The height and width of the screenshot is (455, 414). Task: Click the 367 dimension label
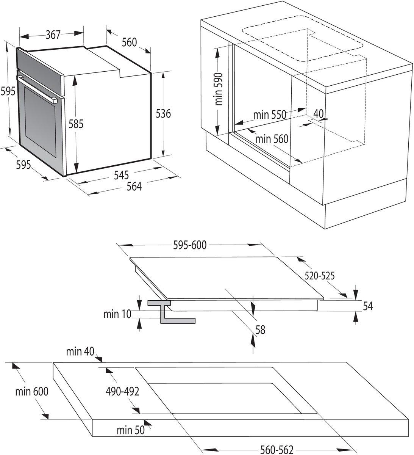pos(53,35)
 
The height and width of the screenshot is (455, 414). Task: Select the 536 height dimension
pos(163,113)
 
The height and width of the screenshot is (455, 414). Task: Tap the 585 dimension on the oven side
pos(76,124)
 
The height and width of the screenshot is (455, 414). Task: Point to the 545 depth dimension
pos(121,175)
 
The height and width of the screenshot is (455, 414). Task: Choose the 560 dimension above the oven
pos(129,42)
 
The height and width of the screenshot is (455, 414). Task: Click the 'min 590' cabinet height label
pos(219,89)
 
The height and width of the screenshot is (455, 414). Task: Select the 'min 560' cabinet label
pos(272,139)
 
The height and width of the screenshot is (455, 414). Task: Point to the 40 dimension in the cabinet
pos(319,113)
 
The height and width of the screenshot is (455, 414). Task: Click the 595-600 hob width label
pos(190,245)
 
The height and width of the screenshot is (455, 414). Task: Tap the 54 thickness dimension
pos(367,306)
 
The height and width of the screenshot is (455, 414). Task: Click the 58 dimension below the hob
pos(260,330)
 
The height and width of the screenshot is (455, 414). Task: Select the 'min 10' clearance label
pos(117,314)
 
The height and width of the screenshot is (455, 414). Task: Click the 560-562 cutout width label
pos(277,450)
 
